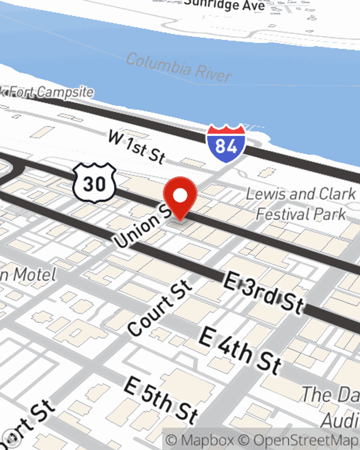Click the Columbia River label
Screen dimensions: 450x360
[179, 67]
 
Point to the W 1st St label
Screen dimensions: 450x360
[137, 147]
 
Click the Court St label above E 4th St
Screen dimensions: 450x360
[160, 307]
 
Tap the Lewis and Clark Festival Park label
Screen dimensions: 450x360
[301, 204]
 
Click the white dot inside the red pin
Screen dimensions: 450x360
[180, 196]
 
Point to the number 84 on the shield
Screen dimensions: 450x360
[226, 146]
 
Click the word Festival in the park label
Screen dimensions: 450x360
[279, 215]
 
